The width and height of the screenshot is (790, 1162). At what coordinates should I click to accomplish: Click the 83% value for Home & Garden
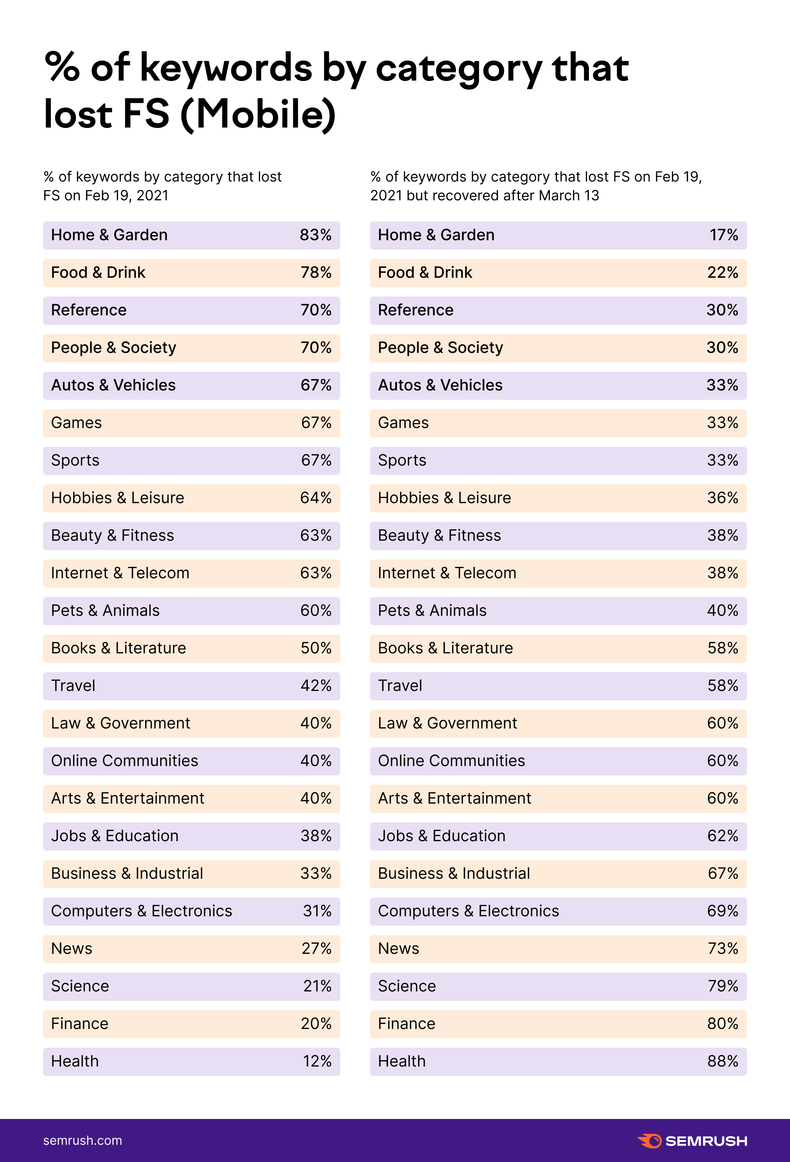click(315, 235)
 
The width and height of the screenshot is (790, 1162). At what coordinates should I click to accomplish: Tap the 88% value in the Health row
click(723, 1061)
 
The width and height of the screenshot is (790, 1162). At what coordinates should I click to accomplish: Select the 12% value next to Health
click(317, 1061)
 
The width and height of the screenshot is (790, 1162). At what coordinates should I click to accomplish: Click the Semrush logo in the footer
click(692, 1141)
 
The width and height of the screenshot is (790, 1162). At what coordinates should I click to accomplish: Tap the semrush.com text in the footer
click(83, 1140)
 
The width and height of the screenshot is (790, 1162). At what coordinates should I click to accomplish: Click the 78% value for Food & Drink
click(316, 272)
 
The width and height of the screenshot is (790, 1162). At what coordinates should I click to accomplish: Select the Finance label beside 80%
click(406, 1023)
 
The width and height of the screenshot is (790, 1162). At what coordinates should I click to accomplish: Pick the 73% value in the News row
click(723, 948)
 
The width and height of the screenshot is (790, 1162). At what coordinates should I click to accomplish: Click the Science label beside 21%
click(80, 986)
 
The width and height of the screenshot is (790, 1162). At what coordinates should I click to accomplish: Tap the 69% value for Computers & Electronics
click(723, 911)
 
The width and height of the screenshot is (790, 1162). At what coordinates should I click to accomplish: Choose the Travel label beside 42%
click(73, 685)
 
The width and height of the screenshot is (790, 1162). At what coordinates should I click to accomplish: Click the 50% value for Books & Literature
click(316, 648)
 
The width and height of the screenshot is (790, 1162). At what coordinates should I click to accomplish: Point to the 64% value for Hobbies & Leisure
click(315, 498)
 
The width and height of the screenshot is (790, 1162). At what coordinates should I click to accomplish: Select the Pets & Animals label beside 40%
click(432, 610)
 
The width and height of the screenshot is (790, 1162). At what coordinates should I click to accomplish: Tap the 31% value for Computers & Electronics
click(317, 911)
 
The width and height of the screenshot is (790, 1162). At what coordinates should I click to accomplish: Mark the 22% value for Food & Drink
click(723, 272)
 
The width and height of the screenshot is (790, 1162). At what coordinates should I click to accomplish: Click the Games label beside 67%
click(76, 423)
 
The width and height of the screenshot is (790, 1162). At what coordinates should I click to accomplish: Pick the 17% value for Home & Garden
click(724, 235)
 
